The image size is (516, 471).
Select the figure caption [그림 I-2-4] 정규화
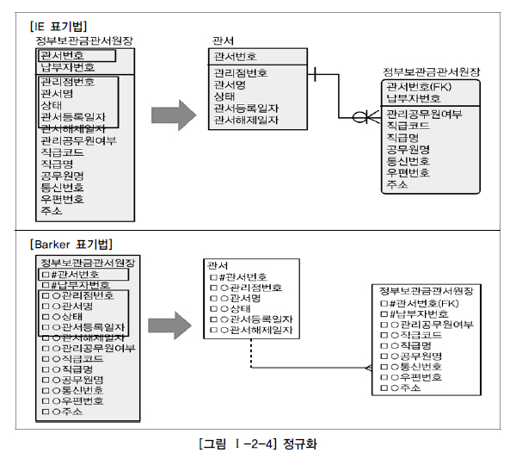click(x=258, y=445)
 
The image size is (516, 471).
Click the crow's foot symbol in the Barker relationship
click(x=365, y=368)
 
